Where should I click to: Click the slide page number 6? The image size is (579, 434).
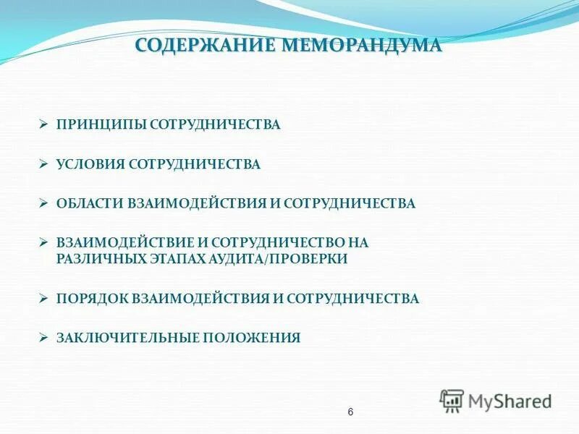[x=350, y=412]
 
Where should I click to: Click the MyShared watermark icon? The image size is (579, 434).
[x=452, y=400]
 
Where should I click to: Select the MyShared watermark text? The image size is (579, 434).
[x=510, y=400]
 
